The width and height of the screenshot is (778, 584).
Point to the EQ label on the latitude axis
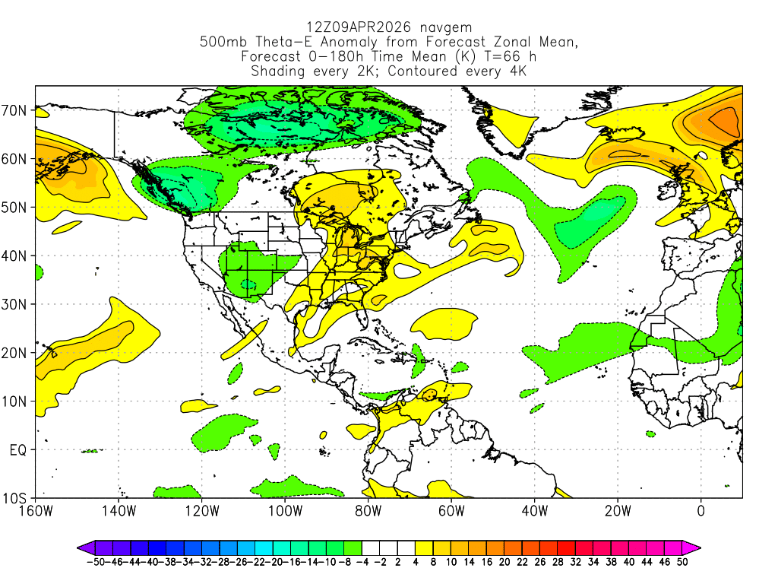click(x=18, y=450)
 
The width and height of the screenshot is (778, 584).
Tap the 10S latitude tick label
click(x=17, y=499)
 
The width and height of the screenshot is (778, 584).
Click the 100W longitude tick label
click(x=284, y=510)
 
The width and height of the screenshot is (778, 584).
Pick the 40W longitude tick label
click(x=533, y=510)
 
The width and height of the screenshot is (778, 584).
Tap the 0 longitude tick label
click(x=700, y=510)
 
